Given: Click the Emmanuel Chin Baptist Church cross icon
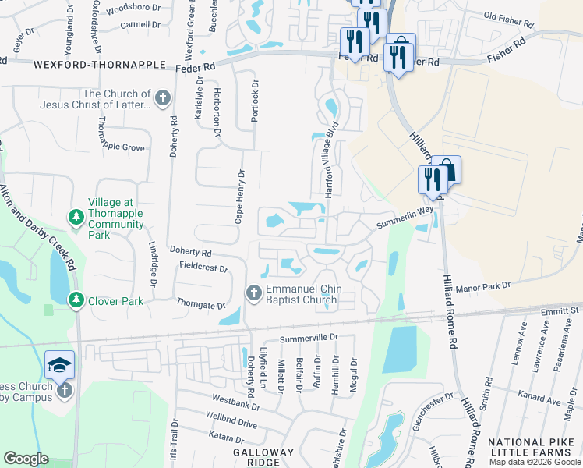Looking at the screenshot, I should tap(253, 293).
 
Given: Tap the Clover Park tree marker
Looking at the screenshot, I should tap(76, 300).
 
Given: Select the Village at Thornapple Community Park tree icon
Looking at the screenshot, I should tap(76, 216).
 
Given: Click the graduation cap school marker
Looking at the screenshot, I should tap(60, 365).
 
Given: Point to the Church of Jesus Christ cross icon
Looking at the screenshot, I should tap(162, 98).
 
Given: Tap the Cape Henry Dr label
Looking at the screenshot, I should tap(240, 197).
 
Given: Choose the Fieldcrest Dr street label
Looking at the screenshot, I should tap(203, 268).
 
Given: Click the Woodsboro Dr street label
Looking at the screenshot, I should tap(131, 10).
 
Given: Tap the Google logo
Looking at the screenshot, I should tap(26, 459).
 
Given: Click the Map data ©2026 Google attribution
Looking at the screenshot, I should tap(534, 462).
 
